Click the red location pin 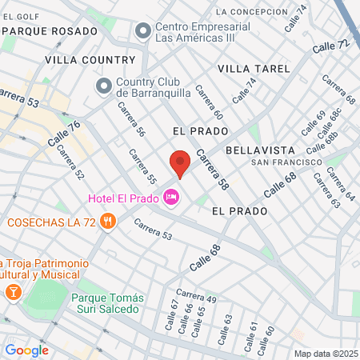click(x=181, y=163)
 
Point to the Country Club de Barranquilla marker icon click(x=104, y=85)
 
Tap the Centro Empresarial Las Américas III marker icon click(x=143, y=31)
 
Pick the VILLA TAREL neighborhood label click(x=254, y=69)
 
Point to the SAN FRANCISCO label click(x=281, y=162)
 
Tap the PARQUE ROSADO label click(x=49, y=30)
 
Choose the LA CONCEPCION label click(x=251, y=12)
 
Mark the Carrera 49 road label click(x=197, y=296)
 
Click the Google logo click(x=26, y=350)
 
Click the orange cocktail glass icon click(x=13, y=292)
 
